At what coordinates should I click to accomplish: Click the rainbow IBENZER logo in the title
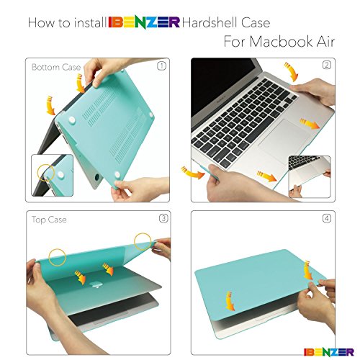point(144,22)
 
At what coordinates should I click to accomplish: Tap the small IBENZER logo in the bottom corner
point(328,352)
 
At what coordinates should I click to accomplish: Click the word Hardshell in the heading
point(210,22)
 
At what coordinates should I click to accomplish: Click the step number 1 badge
point(161,66)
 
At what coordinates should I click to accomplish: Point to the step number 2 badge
point(327,65)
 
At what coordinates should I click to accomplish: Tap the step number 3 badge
point(163,218)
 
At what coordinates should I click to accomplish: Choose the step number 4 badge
point(327,218)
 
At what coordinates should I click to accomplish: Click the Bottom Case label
point(56,67)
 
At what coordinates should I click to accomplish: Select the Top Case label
point(49,220)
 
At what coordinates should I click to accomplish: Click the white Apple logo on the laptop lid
point(96,285)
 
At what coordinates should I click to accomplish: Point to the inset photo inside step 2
point(310,177)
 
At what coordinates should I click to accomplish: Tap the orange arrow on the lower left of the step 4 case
point(230,301)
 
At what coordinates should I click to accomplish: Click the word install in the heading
point(90,22)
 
